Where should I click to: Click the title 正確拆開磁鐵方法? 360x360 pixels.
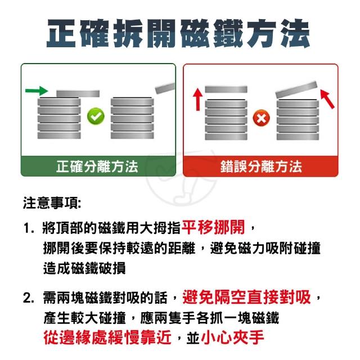[178, 34]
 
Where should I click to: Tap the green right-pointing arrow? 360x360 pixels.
[37, 91]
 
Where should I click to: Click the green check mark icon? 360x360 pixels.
[96, 116]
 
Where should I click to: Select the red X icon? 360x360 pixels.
[261, 118]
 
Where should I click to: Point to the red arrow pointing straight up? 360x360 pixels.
[198, 100]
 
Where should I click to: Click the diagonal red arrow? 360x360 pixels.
[327, 99]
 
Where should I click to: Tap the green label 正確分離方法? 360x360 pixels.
[97, 166]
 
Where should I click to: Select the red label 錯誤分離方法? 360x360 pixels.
[261, 166]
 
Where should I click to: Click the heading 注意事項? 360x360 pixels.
[52, 203]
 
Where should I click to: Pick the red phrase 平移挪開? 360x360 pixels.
[213, 227]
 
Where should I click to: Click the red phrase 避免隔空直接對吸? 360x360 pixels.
[246, 298]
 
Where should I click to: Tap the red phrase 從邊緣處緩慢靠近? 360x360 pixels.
[107, 337]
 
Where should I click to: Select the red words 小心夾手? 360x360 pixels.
[232, 337]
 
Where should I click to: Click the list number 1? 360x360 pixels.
[29, 228]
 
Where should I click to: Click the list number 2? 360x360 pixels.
[29, 298]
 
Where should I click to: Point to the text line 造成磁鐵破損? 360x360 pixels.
[84, 268]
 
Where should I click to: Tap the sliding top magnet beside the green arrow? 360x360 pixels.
[78, 94]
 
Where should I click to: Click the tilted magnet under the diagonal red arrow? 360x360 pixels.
[296, 89]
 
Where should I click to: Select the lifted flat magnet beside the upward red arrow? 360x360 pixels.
[226, 89]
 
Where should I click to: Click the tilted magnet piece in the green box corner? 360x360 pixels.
[165, 88]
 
